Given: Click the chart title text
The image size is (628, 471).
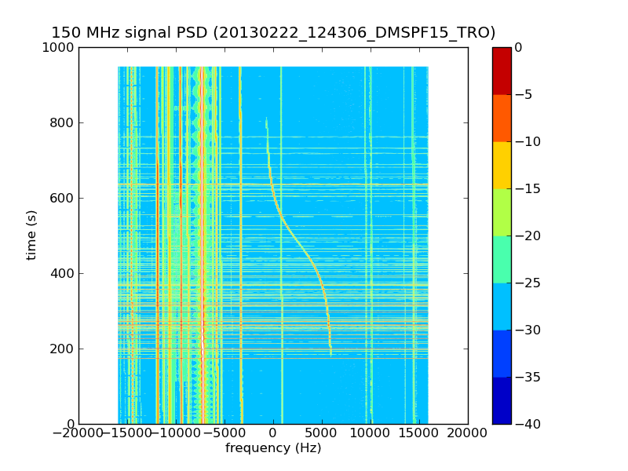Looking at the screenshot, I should [x=273, y=33].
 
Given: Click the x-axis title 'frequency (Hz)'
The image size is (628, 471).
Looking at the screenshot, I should [x=273, y=448].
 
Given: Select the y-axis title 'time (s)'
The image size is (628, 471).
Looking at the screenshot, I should [x=32, y=235].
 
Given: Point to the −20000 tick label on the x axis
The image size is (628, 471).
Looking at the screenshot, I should [x=78, y=433].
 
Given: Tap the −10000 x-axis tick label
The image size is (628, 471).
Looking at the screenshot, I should [x=176, y=433].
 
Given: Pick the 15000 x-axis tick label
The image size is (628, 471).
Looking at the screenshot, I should [x=419, y=433].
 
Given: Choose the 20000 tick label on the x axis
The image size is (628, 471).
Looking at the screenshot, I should [x=468, y=433].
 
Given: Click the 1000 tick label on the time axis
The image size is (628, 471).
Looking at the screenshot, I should [x=59, y=48].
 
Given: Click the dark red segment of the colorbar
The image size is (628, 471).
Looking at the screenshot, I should [x=502, y=71].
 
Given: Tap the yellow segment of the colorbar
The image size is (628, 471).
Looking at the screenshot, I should [x=502, y=165].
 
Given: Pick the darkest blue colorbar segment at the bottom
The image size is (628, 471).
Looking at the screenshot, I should [x=502, y=400].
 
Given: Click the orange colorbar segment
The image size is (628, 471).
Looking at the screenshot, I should [x=502, y=118].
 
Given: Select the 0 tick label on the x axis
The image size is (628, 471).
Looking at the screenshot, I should [x=273, y=433].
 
